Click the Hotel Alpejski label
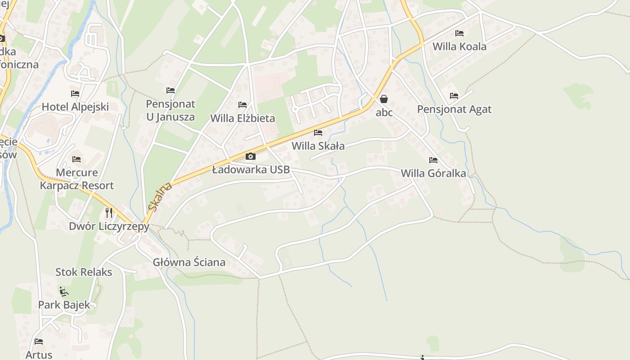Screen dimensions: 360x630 click(75, 107)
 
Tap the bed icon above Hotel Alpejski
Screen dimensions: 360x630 click(75, 94)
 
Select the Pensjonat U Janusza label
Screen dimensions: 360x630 click(171, 110)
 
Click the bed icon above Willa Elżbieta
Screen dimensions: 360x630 click(243, 105)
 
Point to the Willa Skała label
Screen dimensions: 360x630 click(318, 146)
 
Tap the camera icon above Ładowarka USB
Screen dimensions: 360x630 click(251, 157)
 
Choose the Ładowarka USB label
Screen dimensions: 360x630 click(251, 170)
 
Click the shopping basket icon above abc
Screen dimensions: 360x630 click(384, 99)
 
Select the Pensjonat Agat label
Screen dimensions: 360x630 click(454, 109)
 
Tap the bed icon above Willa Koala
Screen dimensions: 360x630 click(459, 33)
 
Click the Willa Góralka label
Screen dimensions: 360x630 click(433, 173)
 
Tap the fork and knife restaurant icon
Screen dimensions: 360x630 click(108, 212)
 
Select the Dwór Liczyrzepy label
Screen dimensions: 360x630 click(108, 226)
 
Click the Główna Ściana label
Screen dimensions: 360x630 click(189, 262)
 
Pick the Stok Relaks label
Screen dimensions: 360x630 click(84, 272)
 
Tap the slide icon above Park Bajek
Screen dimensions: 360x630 click(64, 292)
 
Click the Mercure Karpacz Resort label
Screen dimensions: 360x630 click(76, 179)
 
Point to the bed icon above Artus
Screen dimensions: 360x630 click(39, 342)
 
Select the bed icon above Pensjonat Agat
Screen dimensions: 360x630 click(454, 96)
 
